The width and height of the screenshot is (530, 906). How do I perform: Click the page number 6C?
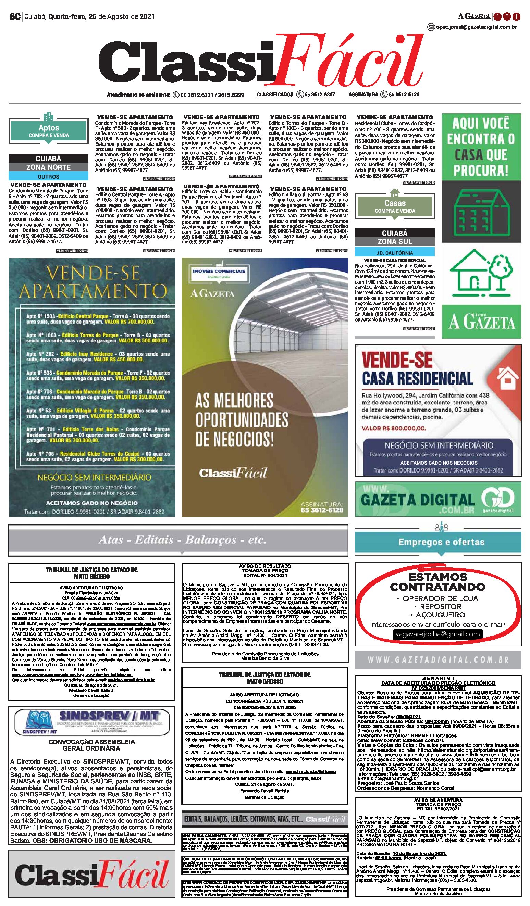tap(15, 16)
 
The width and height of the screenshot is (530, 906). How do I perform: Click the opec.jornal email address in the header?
tap(476, 27)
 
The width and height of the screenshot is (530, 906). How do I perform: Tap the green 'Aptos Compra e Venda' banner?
tap(49, 131)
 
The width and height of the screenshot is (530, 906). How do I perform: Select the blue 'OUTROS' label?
tap(49, 177)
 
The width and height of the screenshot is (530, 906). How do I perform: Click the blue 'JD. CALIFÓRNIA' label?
tap(394, 253)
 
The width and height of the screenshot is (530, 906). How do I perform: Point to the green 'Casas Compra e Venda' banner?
tap(395, 206)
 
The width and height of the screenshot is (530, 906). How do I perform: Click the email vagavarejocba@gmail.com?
tap(437, 634)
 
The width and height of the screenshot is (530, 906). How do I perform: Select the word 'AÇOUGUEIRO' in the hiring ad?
tap(440, 615)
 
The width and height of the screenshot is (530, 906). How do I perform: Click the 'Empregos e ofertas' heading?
tap(441, 542)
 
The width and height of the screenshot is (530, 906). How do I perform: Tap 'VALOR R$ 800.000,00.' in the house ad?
tap(394, 428)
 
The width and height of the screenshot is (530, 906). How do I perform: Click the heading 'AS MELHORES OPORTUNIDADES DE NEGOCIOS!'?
tap(242, 419)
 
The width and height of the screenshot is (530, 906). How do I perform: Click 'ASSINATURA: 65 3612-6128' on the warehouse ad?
tap(322, 507)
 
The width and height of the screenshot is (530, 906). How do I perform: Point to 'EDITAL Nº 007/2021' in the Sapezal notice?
tap(438, 809)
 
